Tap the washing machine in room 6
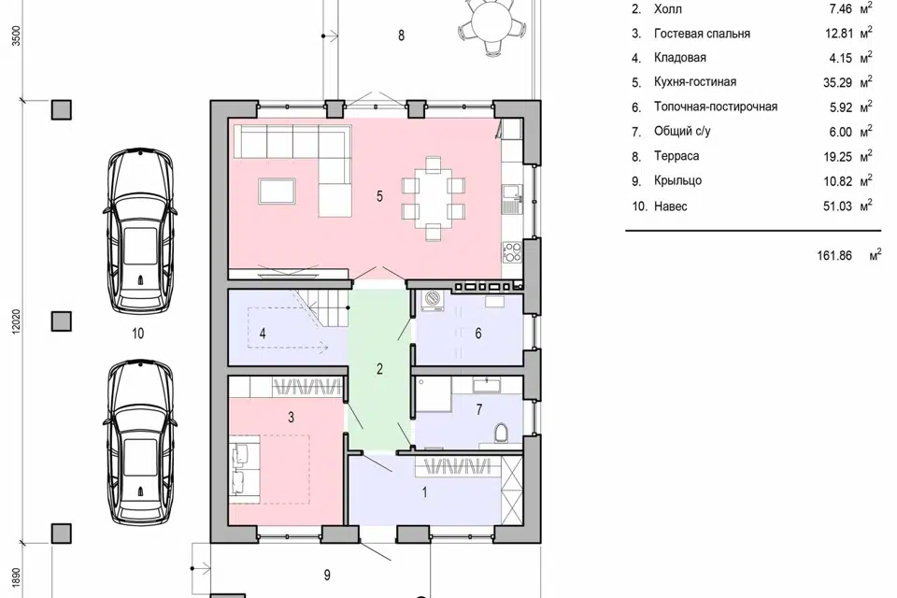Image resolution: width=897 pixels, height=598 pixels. tap(433, 301)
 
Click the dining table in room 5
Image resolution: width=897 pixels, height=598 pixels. tap(433, 196)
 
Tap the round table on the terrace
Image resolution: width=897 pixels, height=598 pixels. tap(491, 22)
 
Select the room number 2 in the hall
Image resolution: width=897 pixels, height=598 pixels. tap(379, 369)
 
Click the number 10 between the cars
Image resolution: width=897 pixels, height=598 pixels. tap(138, 334)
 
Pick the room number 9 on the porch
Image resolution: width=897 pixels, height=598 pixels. tap(327, 576)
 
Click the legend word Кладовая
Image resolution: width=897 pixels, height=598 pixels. tap(680, 58)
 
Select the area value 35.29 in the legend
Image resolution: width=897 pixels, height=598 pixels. tap(837, 82)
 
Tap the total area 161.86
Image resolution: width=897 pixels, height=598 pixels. tap(834, 255)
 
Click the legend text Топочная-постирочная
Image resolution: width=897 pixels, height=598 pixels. tap(716, 107)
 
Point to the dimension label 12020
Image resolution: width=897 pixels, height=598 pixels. tap(16, 322)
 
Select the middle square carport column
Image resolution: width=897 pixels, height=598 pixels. tap(62, 321)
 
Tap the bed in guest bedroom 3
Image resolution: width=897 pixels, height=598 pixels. tap(269, 469)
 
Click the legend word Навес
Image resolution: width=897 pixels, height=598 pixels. tap(671, 206)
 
